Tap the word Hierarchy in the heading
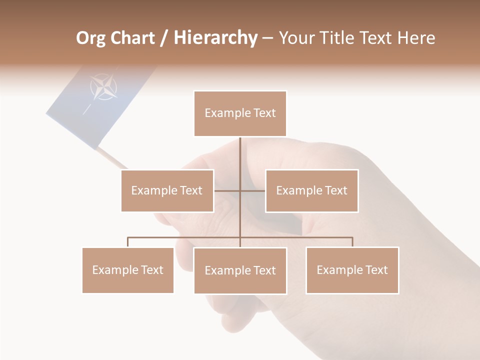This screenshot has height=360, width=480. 215,38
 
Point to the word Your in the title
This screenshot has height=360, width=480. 295,38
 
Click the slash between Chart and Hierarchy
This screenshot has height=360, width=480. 164,38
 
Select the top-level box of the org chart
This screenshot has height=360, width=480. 240,113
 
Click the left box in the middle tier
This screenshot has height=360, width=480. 167,190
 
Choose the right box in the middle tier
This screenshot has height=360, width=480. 311,190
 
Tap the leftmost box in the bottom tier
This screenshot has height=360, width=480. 127,270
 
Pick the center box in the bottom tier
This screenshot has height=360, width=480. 240,270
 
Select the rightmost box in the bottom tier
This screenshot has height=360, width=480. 352,270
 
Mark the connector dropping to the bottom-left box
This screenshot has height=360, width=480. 128,242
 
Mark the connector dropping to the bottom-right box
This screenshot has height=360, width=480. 352,242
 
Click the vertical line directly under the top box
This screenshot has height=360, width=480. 240,155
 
